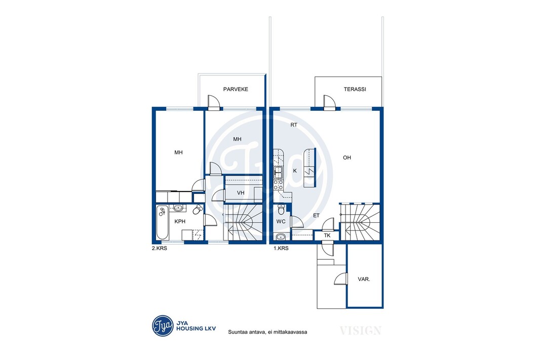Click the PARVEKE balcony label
coord(236,89)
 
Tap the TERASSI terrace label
coord(355,89)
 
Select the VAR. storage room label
coord(364,279)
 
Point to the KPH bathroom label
coord(180,222)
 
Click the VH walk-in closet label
coord(241,193)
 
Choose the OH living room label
coord(347,157)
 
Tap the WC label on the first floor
coord(281,222)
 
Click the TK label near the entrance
coord(327,235)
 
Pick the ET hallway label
coord(316,216)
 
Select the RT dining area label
coord(293,125)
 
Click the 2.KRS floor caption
coord(160,248)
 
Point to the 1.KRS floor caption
coord(281,248)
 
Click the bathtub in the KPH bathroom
coord(162,222)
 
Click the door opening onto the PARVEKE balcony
coord(214,102)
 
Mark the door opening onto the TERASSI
coord(329,102)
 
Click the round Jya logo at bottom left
coord(163,326)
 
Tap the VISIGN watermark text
coord(360,331)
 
